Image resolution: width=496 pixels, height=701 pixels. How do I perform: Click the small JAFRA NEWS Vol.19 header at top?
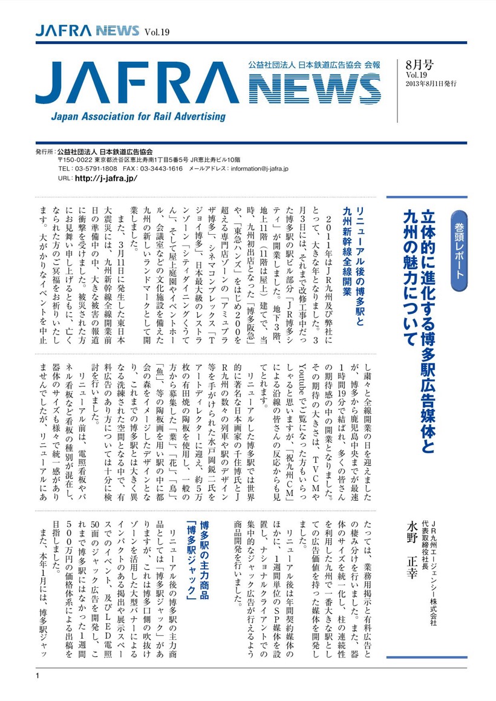point(102,31)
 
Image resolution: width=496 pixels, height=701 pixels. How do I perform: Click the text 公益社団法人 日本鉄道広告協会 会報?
point(318,64)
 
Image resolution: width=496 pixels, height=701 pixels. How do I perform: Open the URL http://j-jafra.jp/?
point(106,180)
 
